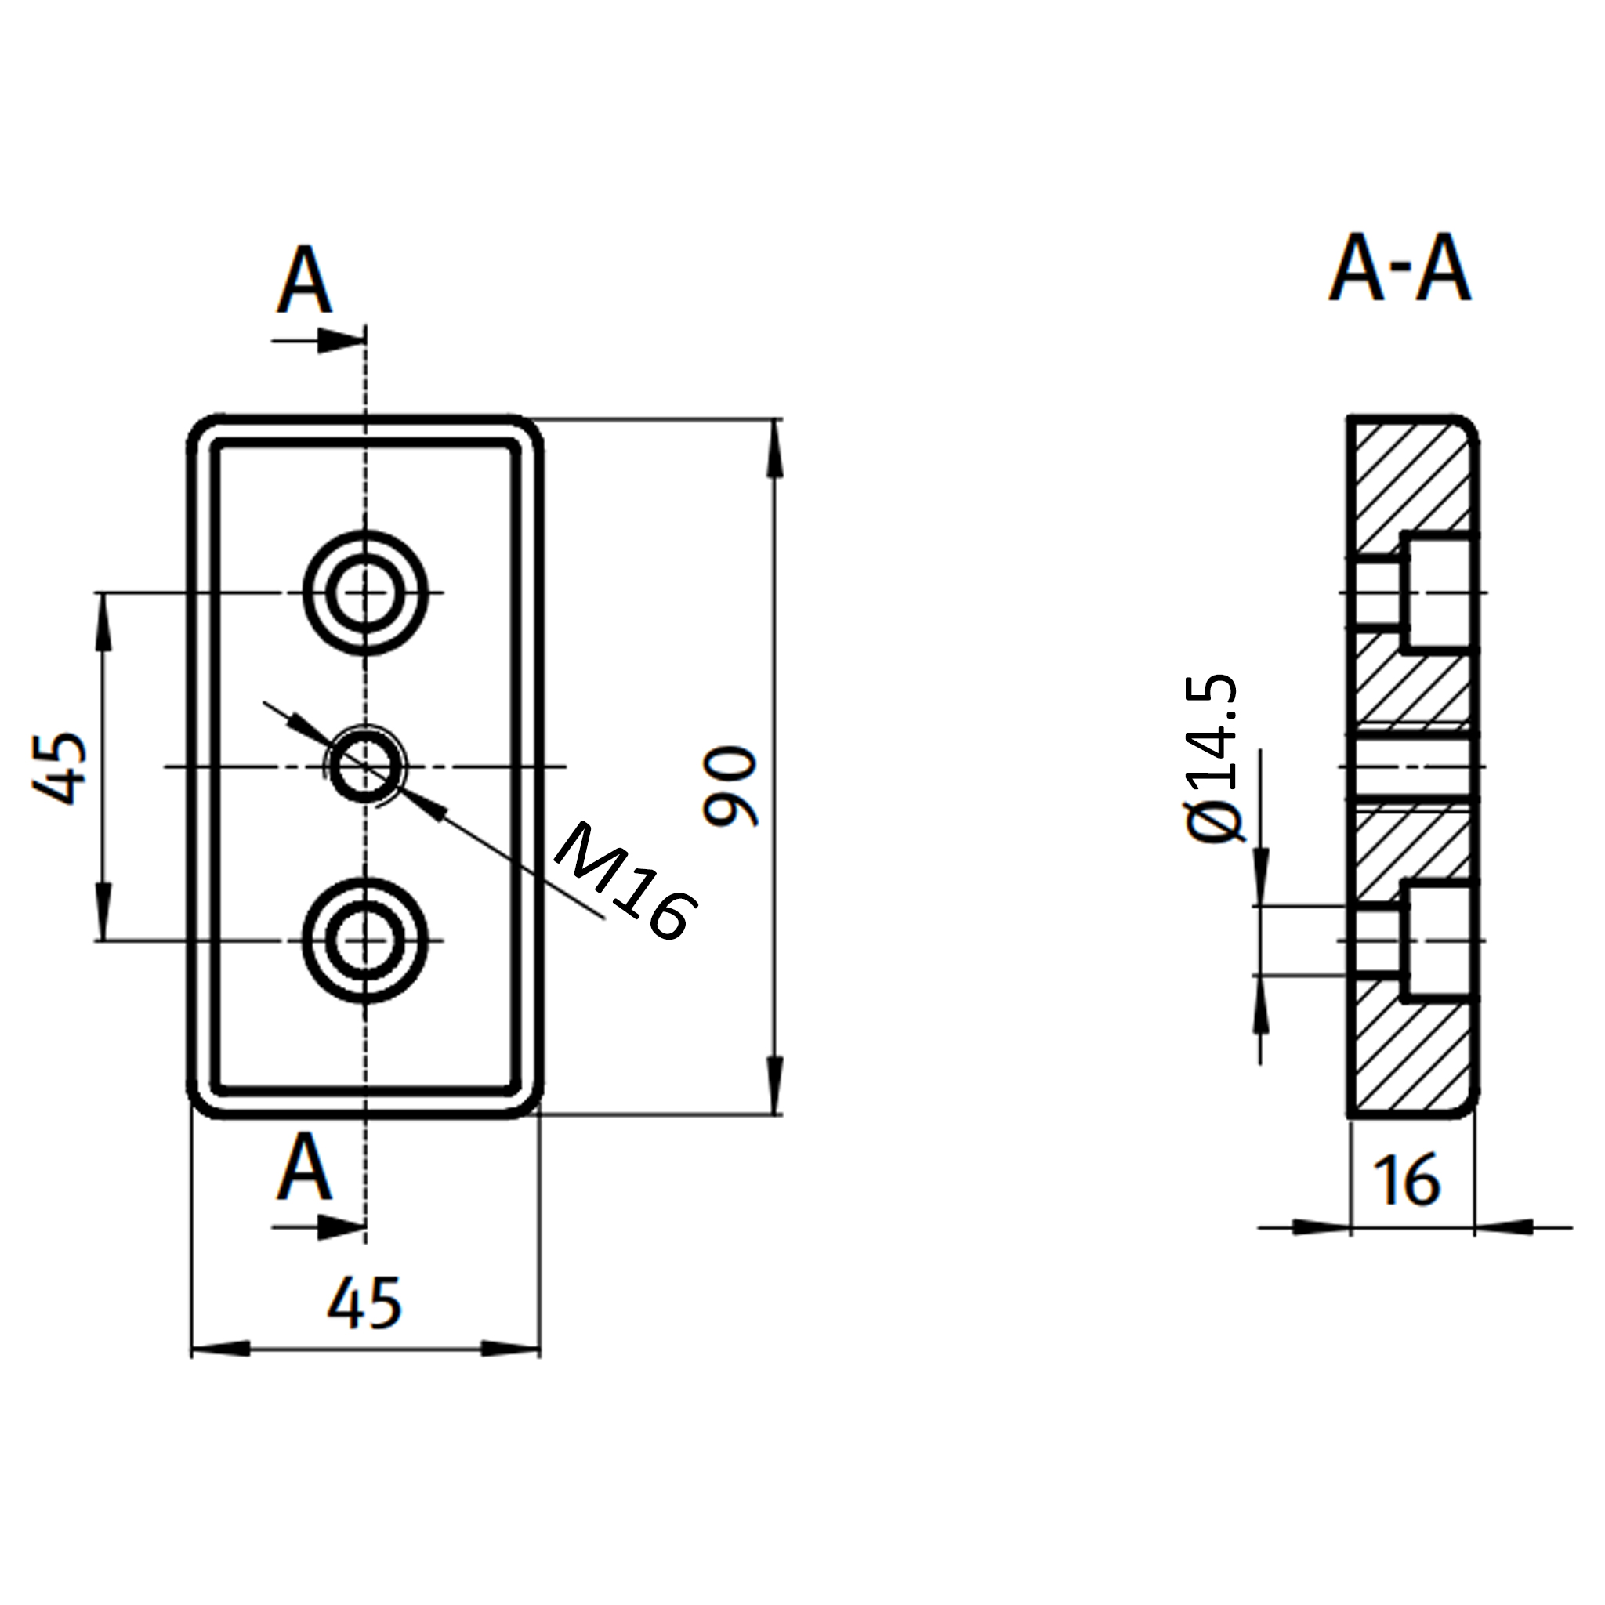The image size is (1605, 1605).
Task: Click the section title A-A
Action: click(x=1400, y=267)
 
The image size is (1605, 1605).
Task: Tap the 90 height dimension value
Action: click(x=730, y=786)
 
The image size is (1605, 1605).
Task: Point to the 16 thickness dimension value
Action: click(x=1408, y=1180)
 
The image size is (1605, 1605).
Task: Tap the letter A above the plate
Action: click(x=305, y=279)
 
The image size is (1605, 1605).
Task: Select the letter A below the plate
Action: click(x=305, y=1166)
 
